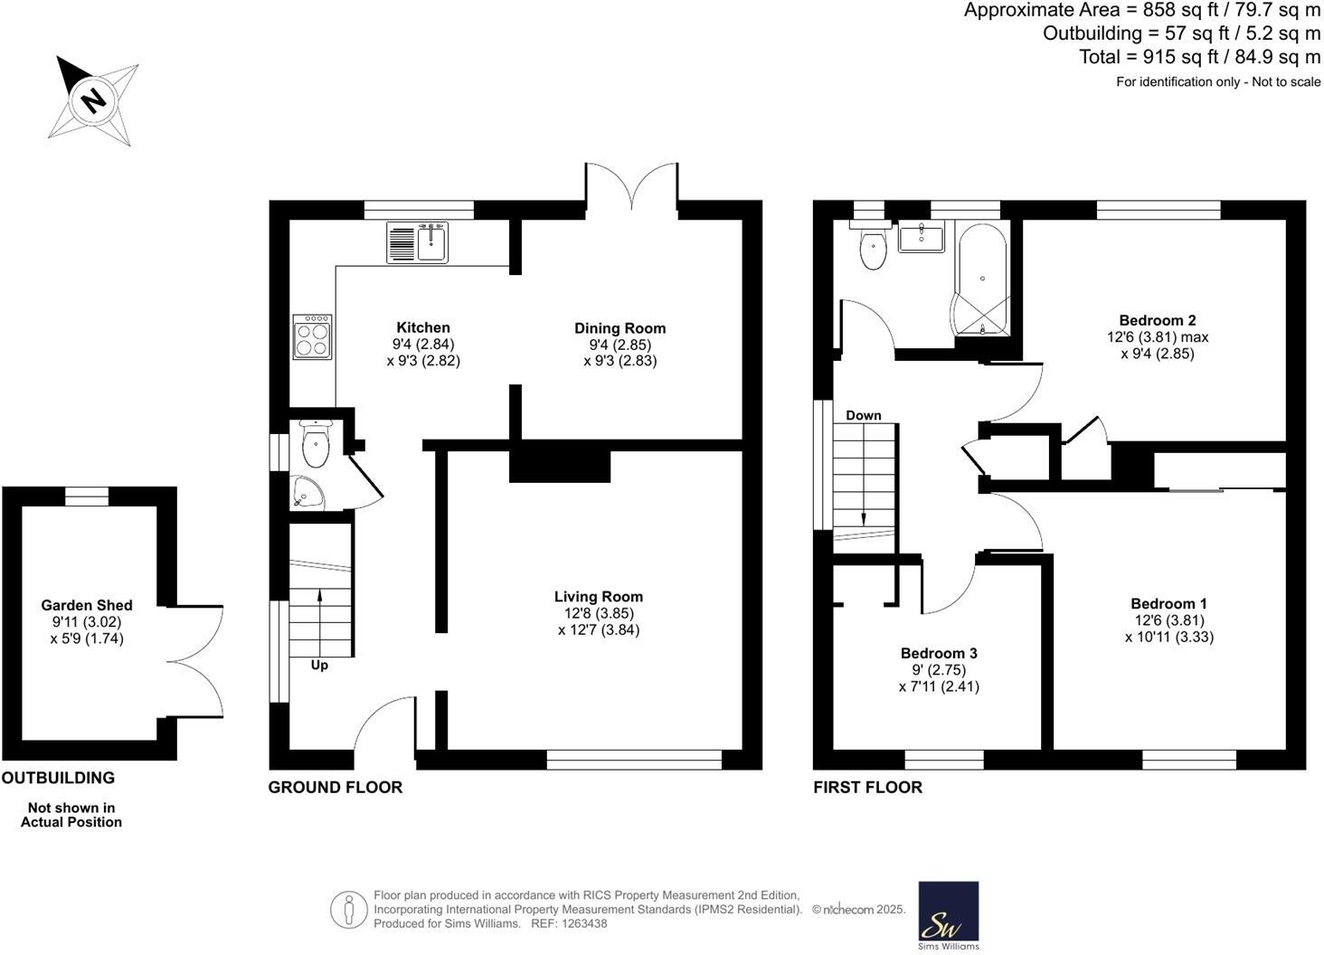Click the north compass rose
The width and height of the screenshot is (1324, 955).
pos(93,99)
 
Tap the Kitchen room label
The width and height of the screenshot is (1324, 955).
pos(423,328)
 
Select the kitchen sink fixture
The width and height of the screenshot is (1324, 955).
pos(417,242)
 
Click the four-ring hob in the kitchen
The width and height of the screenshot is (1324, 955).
pos(313,336)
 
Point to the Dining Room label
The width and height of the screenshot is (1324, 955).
pos(620,328)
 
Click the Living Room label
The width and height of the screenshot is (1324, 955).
pos(599,597)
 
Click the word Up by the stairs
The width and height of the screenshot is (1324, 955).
pos(319,666)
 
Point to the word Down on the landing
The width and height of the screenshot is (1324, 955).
pos(864,416)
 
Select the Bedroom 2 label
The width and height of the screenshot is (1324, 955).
pos(1158,320)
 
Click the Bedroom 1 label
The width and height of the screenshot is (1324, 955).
pos(1168,604)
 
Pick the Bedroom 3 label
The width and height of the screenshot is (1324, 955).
pos(939,654)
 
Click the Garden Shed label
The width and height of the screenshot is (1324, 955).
pos(87,606)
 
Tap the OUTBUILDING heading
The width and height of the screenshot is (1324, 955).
pos(59,778)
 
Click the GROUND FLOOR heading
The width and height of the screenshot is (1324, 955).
pos(336,788)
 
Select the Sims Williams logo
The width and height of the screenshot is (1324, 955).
pos(949,915)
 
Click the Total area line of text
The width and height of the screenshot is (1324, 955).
pos(1199,57)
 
